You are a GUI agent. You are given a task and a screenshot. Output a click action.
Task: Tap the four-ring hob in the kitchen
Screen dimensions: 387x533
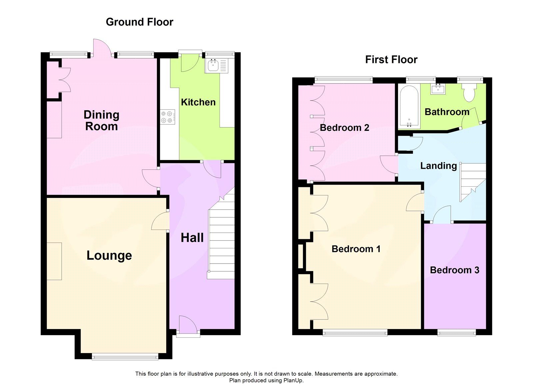[167, 117]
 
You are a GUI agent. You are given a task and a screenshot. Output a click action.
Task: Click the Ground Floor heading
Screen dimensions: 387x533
[139, 22]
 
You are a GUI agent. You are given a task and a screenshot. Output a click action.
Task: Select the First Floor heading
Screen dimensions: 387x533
[391, 60]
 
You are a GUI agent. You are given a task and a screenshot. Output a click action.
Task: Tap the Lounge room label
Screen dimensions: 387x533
[109, 256]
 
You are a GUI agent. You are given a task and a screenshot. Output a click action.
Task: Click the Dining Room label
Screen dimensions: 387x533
[101, 120]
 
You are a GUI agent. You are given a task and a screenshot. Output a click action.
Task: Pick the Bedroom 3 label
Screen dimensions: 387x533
[454, 270]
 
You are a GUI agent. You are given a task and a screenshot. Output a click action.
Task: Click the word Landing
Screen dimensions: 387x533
[438, 166]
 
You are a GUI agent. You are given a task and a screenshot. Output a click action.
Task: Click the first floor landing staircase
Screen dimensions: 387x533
[472, 181]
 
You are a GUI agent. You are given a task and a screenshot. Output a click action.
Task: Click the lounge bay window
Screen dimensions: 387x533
[125, 357]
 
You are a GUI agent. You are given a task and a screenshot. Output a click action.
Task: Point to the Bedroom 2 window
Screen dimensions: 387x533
[344, 80]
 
